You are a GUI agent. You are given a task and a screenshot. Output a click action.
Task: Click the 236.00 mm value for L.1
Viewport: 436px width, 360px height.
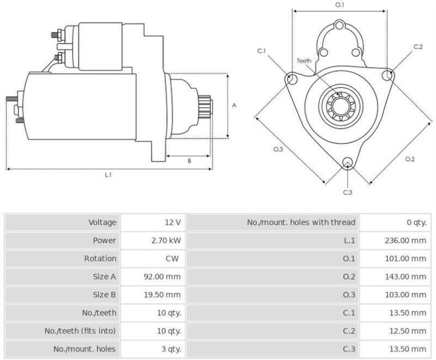[403, 240]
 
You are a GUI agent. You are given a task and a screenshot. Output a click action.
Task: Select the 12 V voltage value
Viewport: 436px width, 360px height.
[173, 222]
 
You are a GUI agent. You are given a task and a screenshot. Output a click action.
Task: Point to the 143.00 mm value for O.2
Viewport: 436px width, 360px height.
[403, 277]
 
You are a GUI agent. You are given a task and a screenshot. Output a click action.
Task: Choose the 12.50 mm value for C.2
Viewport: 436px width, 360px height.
[405, 331]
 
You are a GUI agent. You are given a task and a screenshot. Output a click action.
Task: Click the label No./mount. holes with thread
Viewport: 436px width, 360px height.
[301, 222]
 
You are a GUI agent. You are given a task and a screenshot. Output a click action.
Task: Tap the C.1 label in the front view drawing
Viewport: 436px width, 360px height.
[262, 51]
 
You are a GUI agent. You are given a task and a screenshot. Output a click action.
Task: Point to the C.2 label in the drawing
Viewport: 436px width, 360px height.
[418, 47]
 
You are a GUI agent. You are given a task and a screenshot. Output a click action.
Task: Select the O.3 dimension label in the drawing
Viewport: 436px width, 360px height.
[277, 149]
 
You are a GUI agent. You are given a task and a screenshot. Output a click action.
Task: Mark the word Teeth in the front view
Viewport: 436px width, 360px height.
[304, 61]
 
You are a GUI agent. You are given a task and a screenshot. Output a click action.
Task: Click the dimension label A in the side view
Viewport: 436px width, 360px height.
[234, 105]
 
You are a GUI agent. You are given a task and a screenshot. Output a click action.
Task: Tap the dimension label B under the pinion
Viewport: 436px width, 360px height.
[189, 161]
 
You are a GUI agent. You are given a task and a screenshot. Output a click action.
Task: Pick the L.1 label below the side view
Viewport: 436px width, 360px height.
[108, 175]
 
